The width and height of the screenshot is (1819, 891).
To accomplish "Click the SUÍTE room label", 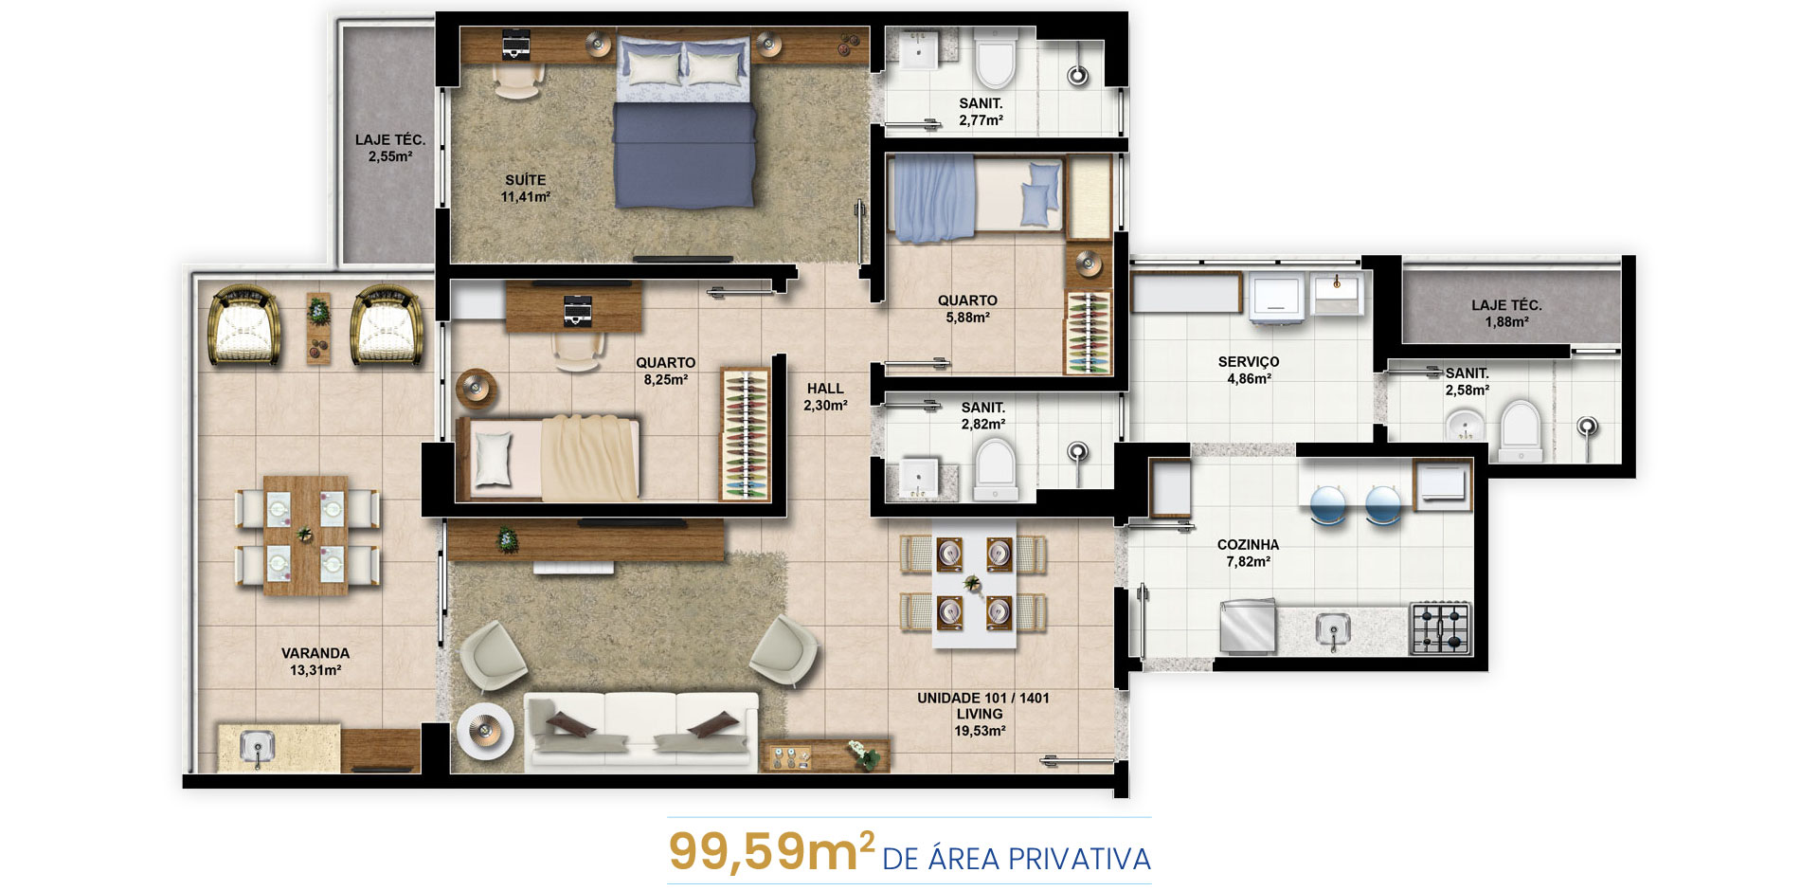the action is pyautogui.click(x=525, y=180).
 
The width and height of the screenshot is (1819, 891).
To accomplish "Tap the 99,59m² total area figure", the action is pyautogui.click(x=771, y=850).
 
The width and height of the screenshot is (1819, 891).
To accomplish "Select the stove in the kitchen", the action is pyautogui.click(x=1440, y=628).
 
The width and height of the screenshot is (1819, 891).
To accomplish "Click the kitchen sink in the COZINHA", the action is pyautogui.click(x=1334, y=629).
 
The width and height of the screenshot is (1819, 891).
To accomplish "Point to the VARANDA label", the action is pyautogui.click(x=315, y=653).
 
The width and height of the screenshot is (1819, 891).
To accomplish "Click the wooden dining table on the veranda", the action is pyautogui.click(x=305, y=536).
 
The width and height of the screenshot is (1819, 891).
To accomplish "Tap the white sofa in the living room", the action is pyautogui.click(x=641, y=730).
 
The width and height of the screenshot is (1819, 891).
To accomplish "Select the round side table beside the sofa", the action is pyautogui.click(x=485, y=732).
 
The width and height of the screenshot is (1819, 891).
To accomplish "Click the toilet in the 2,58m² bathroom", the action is pyautogui.click(x=1521, y=431).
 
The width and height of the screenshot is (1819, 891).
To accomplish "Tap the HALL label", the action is pyautogui.click(x=825, y=389).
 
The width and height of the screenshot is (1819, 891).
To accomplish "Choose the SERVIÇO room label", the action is pyautogui.click(x=1249, y=362).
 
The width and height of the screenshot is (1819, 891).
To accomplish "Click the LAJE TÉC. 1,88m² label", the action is pyautogui.click(x=1506, y=314).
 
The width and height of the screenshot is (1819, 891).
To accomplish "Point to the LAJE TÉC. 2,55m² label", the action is pyautogui.click(x=390, y=148).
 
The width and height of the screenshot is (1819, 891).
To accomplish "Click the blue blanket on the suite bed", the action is pyautogui.click(x=684, y=154).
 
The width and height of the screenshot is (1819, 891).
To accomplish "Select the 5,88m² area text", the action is pyautogui.click(x=967, y=318).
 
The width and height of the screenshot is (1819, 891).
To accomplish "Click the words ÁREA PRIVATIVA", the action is pyautogui.click(x=1039, y=859).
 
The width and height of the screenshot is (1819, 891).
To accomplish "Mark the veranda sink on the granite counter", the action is pyautogui.click(x=257, y=748).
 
